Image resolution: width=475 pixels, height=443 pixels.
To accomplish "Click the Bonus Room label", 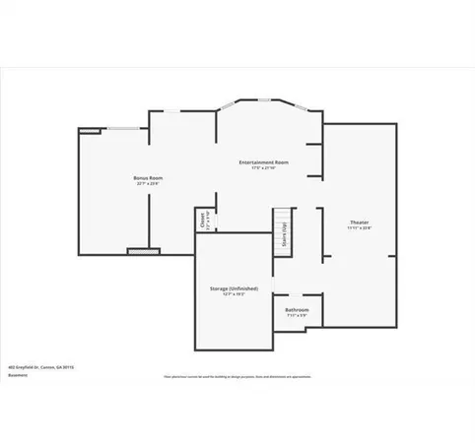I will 147,177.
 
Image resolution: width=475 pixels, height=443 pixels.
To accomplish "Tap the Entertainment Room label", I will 263,161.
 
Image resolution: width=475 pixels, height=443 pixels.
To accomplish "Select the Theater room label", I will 359,223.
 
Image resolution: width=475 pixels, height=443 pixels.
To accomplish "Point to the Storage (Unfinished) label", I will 234,288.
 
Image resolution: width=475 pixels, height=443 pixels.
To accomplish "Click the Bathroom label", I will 297,310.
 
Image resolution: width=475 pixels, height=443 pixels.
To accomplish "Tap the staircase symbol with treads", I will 283,232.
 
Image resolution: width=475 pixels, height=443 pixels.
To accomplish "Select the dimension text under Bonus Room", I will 147,184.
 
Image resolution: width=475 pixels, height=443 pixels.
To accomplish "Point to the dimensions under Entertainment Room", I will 263,168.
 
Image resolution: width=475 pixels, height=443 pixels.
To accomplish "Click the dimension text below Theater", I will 359,230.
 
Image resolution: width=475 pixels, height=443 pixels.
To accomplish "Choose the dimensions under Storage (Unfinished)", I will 234,295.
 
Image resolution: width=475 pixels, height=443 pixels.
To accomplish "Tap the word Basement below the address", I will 17,375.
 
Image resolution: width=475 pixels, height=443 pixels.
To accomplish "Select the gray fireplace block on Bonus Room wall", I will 136,251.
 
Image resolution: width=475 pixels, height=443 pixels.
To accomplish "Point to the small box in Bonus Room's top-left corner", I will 89,129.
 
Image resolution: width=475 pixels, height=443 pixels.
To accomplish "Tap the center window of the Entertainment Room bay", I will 266,101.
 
